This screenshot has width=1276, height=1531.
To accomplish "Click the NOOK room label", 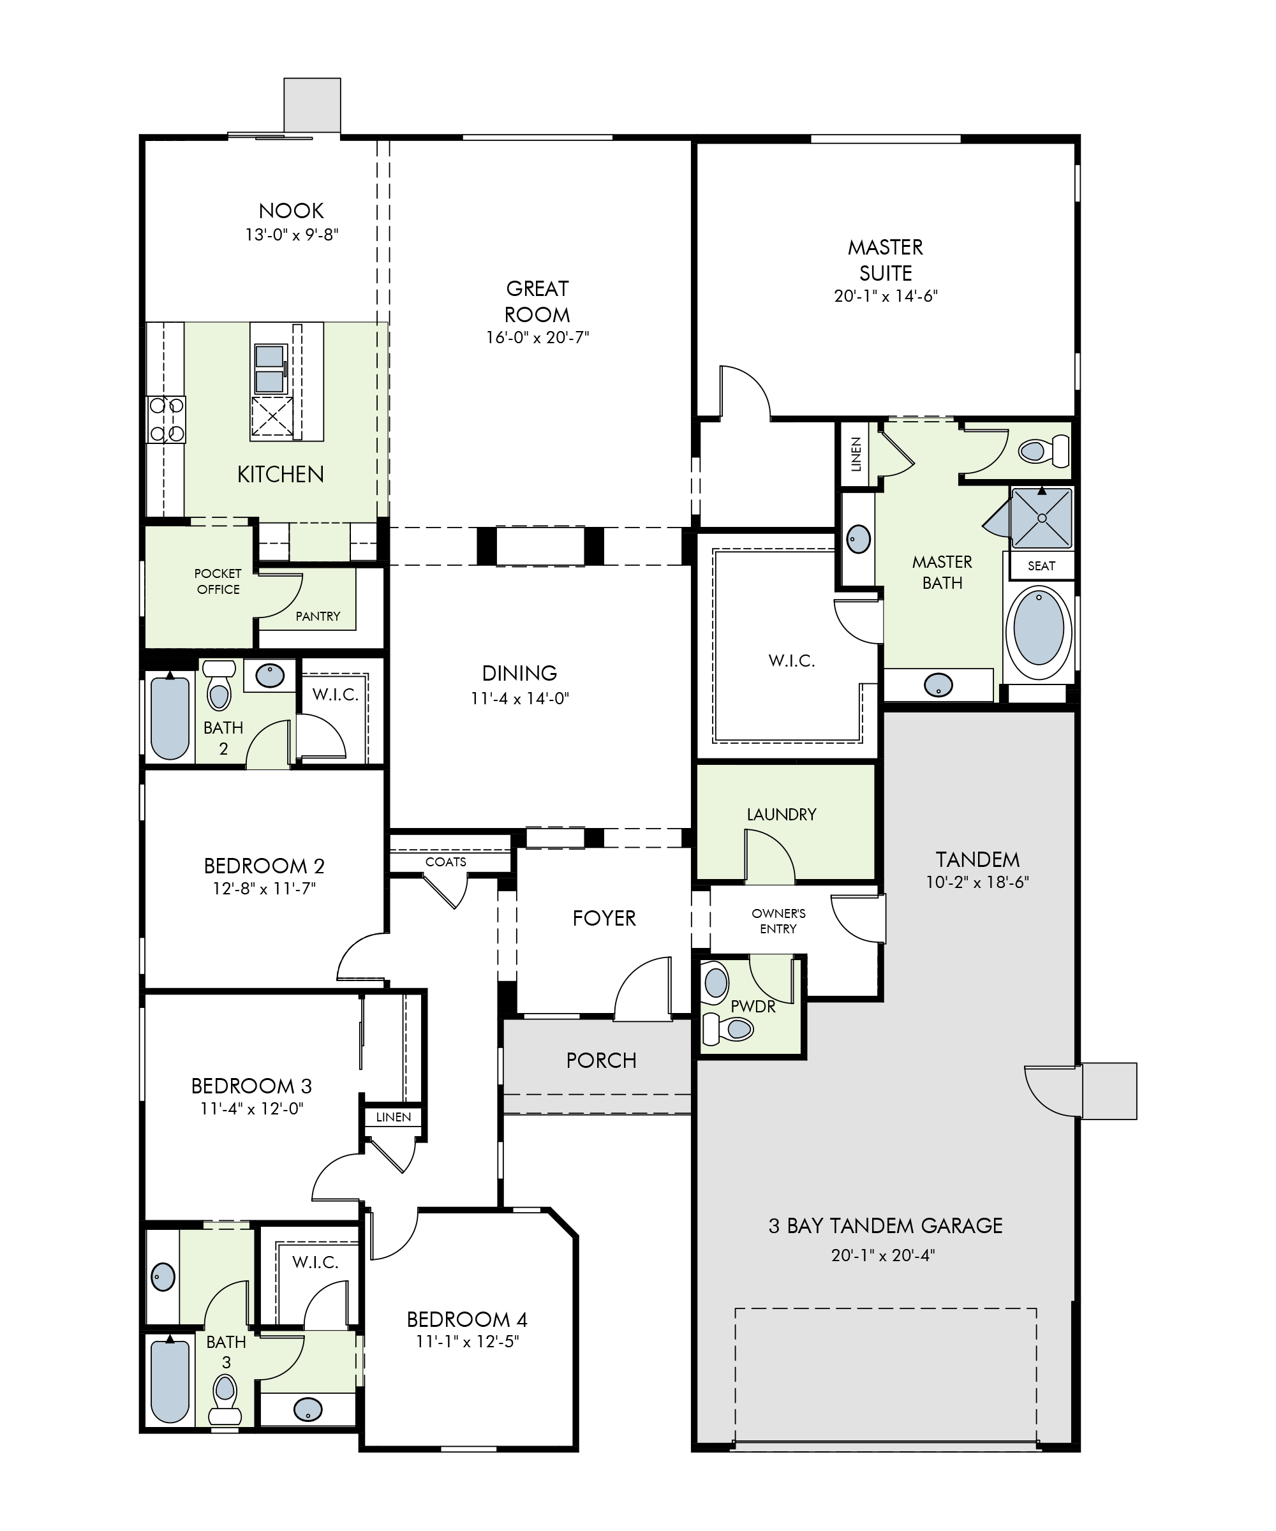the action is pyautogui.click(x=291, y=211).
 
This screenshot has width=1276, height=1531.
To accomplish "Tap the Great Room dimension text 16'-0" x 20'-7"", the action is pyautogui.click(x=537, y=337).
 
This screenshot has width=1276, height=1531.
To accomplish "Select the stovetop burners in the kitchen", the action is pyautogui.click(x=167, y=419).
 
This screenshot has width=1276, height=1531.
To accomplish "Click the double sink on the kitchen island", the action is pyautogui.click(x=270, y=369).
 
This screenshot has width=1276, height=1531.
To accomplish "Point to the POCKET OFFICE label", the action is pyautogui.click(x=218, y=581).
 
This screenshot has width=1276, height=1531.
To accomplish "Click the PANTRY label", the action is pyautogui.click(x=318, y=616).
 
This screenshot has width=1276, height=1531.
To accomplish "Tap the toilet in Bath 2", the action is pyautogui.click(x=219, y=684).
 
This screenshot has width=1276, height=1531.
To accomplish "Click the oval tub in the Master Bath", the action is pyautogui.click(x=1039, y=628).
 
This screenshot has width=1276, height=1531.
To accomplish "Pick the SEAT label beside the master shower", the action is pyautogui.click(x=1041, y=566).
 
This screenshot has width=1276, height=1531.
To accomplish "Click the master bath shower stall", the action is pyautogui.click(x=1042, y=517).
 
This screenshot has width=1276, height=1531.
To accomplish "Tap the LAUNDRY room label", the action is pyautogui.click(x=781, y=815).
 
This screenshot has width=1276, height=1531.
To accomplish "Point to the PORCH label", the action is pyautogui.click(x=601, y=1060).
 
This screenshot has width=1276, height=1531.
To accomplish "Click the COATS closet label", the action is pyautogui.click(x=445, y=862).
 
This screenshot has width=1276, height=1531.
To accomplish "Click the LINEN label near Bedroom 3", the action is pyautogui.click(x=393, y=1117).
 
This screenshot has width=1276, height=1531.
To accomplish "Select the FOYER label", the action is pyautogui.click(x=604, y=918).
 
